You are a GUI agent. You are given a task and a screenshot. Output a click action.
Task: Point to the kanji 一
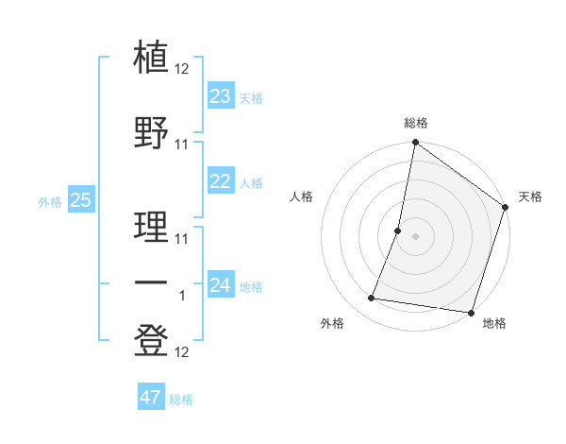pos(152,282)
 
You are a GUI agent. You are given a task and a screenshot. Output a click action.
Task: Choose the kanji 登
pos(152,340)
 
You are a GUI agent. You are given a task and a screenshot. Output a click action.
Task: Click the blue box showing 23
pos(221,96)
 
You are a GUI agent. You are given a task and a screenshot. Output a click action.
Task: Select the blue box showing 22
pos(221,182)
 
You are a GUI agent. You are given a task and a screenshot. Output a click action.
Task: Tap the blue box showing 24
pos(221,285)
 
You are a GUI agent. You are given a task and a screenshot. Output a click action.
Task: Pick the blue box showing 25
pos(80,200)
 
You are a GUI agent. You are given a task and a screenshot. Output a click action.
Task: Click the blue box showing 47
pos(150,398)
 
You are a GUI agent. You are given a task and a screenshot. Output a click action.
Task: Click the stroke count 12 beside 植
pos(182,69)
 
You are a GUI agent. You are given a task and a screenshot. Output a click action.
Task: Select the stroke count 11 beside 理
pos(182,237)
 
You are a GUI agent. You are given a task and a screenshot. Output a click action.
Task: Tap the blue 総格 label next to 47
pos(181,400)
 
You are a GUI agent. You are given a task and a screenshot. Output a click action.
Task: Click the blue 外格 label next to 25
pos(50,201)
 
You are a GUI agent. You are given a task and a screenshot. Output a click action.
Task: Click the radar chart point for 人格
pos(398,231)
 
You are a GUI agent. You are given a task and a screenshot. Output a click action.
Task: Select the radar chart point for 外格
pos(372,299)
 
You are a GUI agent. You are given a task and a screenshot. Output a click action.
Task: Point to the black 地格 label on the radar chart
pos(494,324)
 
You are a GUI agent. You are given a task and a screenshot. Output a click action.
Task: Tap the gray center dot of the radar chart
pos(415,236)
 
